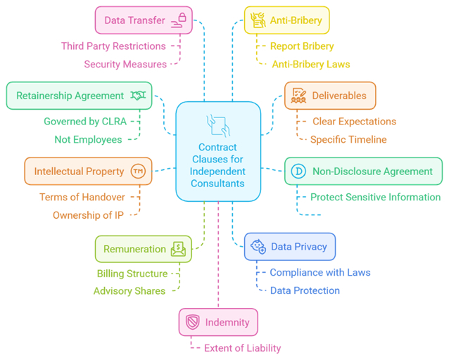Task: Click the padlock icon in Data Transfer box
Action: click(182, 19)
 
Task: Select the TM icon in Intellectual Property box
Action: click(137, 171)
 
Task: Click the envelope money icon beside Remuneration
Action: click(178, 248)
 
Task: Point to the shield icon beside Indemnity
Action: click(193, 322)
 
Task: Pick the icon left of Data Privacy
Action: click(258, 247)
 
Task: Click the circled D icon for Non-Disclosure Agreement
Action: click(298, 171)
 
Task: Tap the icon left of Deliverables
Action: click(299, 96)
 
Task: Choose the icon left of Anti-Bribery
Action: click(258, 20)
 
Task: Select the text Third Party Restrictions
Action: click(113, 46)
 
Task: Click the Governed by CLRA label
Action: click(85, 122)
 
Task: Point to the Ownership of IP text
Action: click(89, 215)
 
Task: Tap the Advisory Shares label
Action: click(129, 291)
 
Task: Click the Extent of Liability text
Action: click(242, 348)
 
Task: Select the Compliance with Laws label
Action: click(320, 273)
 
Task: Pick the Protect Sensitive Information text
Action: click(375, 198)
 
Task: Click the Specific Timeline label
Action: click(348, 139)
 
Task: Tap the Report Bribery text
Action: click(302, 46)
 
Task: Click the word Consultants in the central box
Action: click(218, 184)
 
